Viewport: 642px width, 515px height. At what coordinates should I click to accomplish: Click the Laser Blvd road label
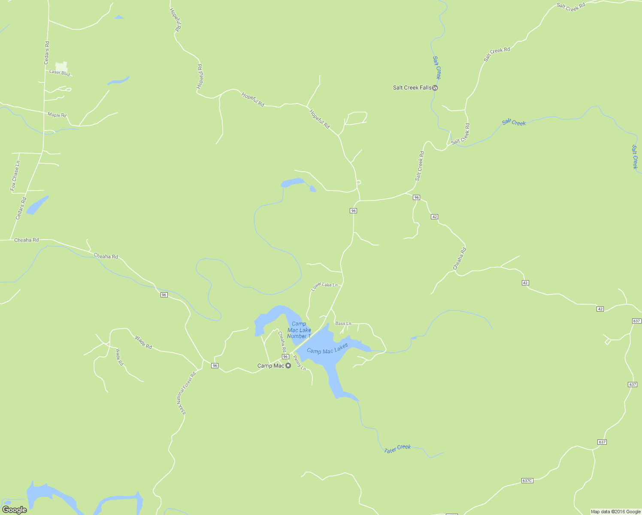point(59,73)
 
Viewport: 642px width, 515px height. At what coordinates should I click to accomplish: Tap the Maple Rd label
point(57,115)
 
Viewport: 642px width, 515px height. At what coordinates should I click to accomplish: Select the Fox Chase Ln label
point(15,176)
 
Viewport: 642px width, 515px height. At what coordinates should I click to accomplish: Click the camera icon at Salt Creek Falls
point(435,88)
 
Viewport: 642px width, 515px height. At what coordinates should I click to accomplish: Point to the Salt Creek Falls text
point(412,88)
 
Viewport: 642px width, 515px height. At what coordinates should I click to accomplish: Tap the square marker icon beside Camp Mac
point(288,366)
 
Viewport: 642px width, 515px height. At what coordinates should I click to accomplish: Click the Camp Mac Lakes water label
point(327,348)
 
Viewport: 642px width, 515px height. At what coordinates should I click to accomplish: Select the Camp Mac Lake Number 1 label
point(299,330)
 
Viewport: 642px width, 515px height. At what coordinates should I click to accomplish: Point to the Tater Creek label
point(397,449)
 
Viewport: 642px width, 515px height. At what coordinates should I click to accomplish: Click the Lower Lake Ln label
point(324,286)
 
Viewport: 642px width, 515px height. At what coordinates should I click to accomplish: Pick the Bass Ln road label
point(343,324)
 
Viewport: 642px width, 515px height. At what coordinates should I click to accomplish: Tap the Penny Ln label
point(300,363)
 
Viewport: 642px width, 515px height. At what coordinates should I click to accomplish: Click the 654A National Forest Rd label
point(187,393)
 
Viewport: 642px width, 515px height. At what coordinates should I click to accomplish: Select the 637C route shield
point(527,481)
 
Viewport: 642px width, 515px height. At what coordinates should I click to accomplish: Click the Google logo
point(14,510)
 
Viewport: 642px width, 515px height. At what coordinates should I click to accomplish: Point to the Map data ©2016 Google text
point(615,512)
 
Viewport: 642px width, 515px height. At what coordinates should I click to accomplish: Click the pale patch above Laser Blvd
point(61,67)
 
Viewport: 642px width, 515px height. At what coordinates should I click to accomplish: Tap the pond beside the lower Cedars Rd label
point(37,205)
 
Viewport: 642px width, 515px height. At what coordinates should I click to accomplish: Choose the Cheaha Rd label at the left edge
point(27,240)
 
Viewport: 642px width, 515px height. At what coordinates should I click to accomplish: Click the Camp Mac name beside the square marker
point(270,366)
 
